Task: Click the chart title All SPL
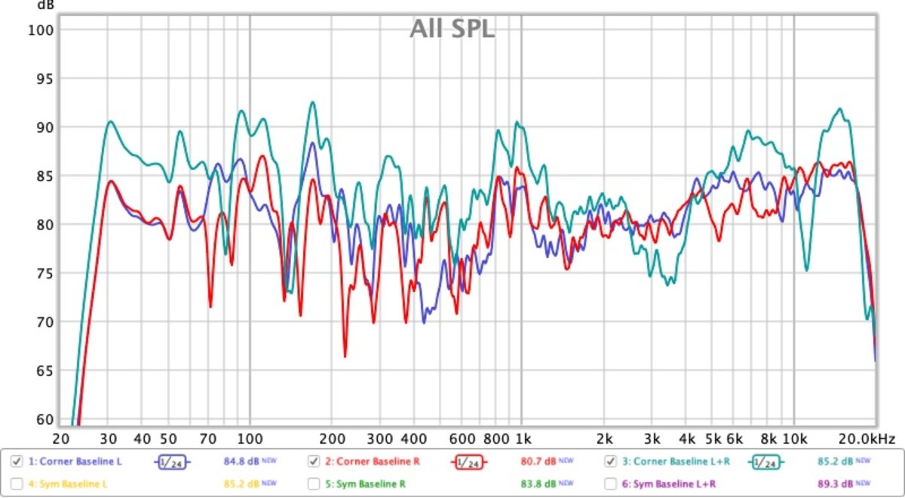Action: tap(452, 29)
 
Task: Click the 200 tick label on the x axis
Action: tap(331, 438)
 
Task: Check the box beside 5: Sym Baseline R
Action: tap(314, 483)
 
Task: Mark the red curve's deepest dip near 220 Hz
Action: tap(345, 356)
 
